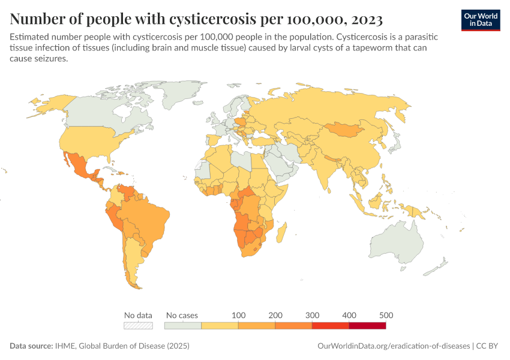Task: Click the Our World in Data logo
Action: coord(480,19)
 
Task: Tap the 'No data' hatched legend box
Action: coord(138,325)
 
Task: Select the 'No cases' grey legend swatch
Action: coord(182,325)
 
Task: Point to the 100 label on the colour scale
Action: coord(238,315)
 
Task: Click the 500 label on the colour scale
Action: coord(385,315)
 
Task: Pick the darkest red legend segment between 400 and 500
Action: coord(367,325)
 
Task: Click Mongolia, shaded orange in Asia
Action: coord(347,128)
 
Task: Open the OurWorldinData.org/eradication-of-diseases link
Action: coord(392,346)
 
